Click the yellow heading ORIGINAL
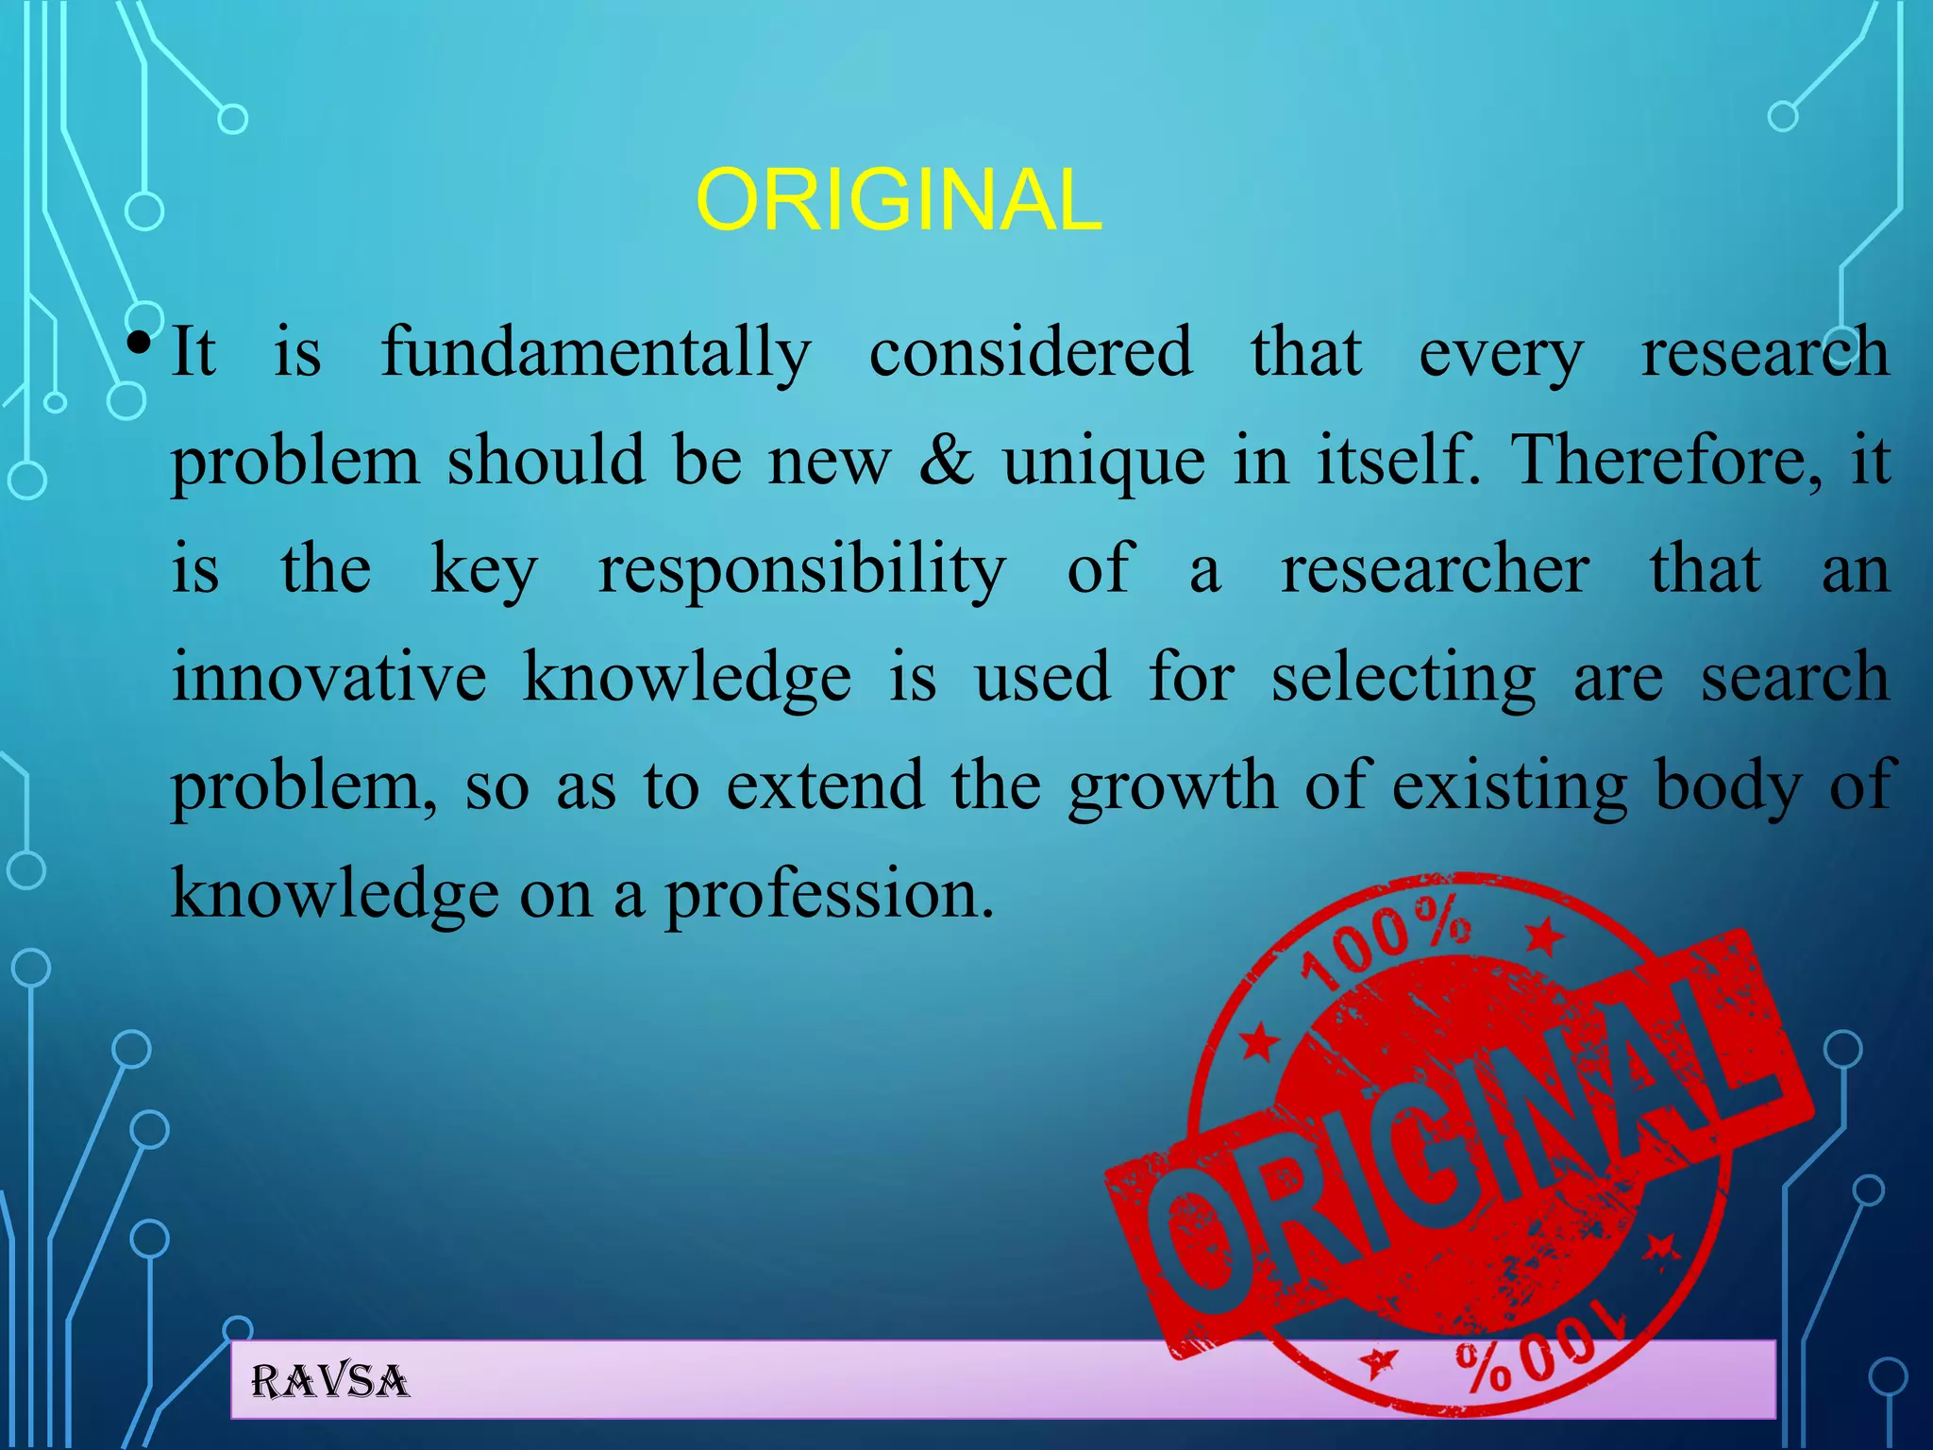(898, 200)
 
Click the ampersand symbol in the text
(946, 461)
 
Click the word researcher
(1435, 569)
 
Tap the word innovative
(329, 678)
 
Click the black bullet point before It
(139, 342)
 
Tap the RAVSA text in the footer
(330, 1382)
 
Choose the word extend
(824, 786)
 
